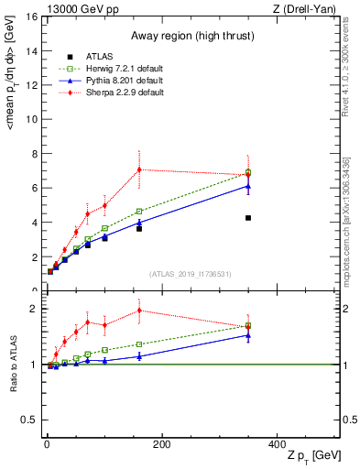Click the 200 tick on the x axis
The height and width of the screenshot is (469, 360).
162,443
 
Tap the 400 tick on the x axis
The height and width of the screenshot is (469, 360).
277,443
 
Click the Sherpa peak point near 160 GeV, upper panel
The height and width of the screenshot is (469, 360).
139,169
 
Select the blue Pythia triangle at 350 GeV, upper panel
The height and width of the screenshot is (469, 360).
248,186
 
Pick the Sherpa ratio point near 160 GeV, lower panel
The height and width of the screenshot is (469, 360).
139,310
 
